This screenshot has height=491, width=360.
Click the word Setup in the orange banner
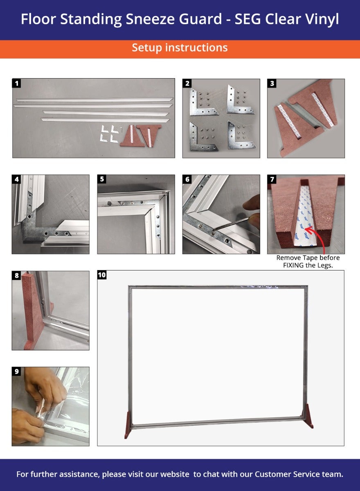(146, 48)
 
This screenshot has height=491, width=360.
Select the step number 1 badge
(17, 83)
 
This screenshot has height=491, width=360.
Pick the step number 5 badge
(102, 179)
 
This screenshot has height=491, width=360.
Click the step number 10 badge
(102, 275)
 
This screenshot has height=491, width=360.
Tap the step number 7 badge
(272, 179)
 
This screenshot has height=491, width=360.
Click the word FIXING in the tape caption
(293, 266)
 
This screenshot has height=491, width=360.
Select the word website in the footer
(175, 474)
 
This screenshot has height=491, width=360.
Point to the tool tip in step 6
(214, 230)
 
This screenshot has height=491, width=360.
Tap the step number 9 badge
(17, 372)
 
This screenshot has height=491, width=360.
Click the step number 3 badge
(272, 83)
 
